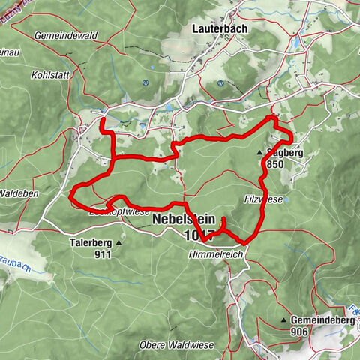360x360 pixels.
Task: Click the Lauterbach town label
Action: coord(220,28)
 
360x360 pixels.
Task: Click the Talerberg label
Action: coord(88,242)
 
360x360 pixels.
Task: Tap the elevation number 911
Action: coord(103,254)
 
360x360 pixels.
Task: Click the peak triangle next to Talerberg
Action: coord(119,243)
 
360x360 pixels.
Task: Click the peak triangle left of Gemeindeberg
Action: coord(284,320)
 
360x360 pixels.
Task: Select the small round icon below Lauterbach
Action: coord(220,84)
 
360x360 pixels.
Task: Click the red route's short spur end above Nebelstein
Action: coord(222,218)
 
